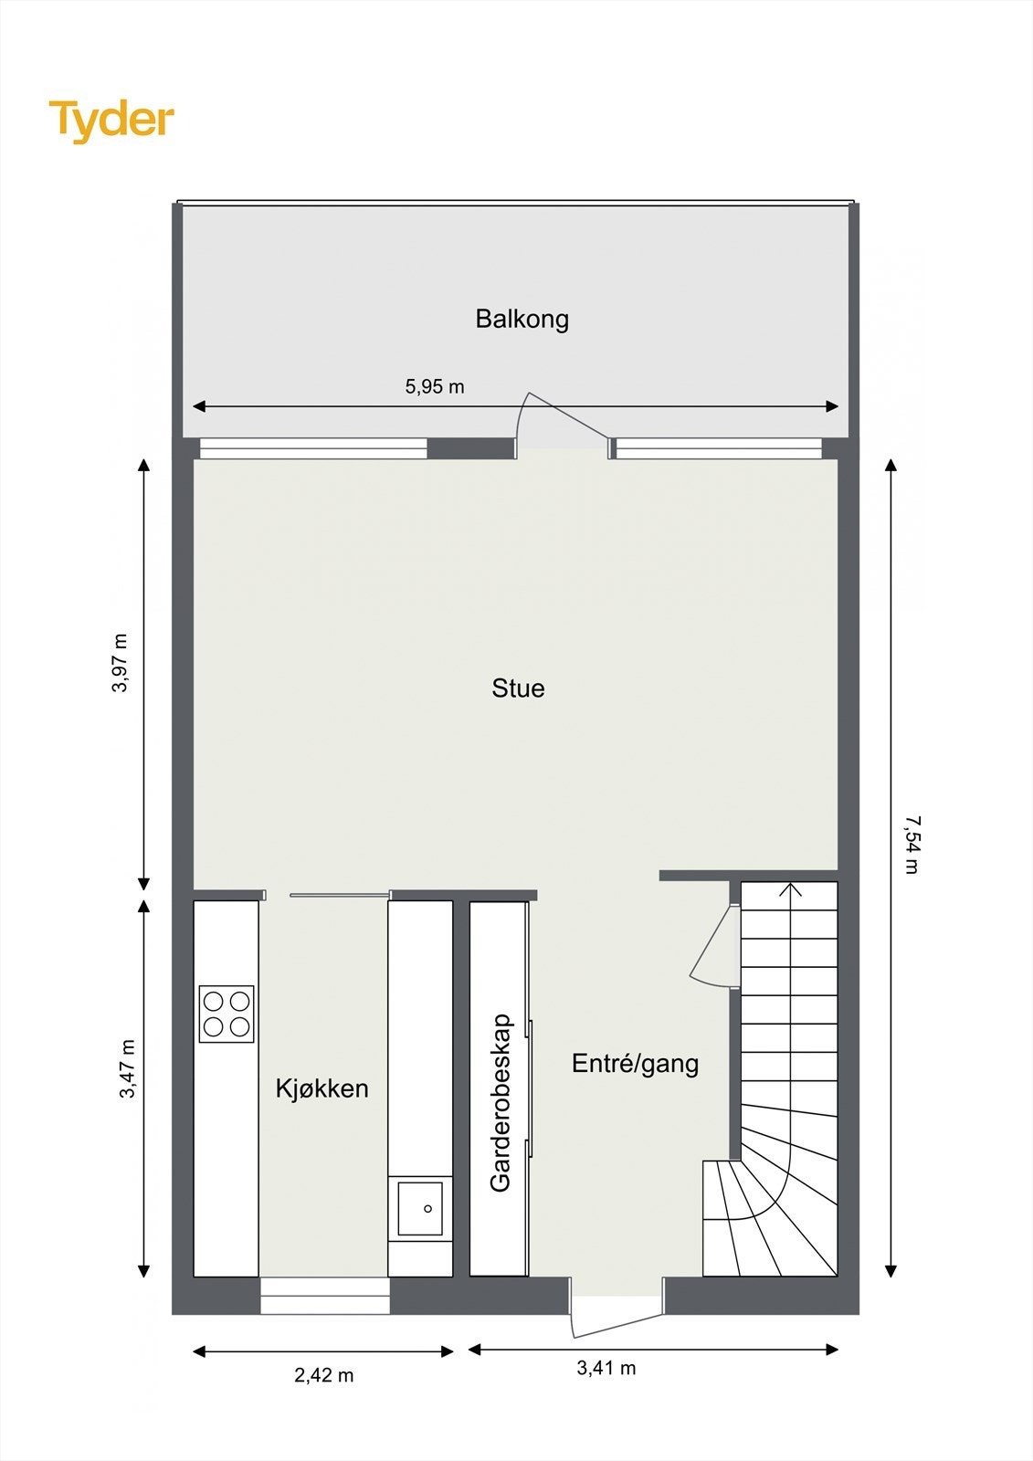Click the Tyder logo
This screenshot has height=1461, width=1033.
(111, 121)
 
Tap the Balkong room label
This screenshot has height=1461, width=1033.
(522, 319)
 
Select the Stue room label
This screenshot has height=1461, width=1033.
(518, 688)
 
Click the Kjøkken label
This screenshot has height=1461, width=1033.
(321, 1088)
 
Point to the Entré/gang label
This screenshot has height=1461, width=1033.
(635, 1063)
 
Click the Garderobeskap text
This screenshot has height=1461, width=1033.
(501, 1102)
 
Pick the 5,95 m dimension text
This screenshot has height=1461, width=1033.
(435, 386)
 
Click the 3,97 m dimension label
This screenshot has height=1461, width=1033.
(120, 662)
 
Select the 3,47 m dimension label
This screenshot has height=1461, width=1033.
(127, 1068)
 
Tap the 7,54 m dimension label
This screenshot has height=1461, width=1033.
(911, 845)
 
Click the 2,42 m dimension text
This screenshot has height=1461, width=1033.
(323, 1375)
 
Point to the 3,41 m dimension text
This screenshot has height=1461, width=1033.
(606, 1368)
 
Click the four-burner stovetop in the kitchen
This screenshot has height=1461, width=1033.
(227, 1014)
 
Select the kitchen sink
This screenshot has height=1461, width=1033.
(420, 1209)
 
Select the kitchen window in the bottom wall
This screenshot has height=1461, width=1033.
(325, 1295)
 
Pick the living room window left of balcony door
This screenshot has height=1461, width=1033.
(313, 448)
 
